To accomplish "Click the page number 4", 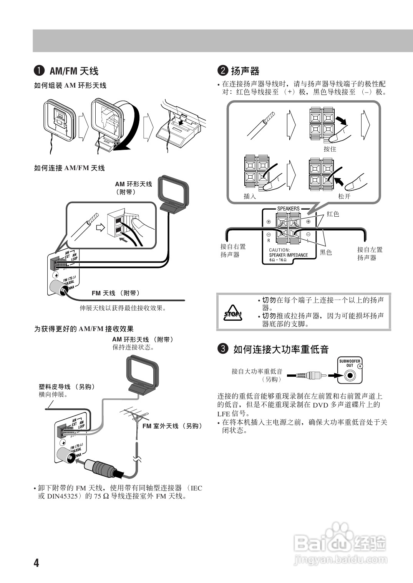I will pos(36,563).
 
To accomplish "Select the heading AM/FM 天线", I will pos(74,71).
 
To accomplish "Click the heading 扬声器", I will pos(245,71).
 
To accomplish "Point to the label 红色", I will pos(333,214).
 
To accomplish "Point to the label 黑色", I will pos(326,252).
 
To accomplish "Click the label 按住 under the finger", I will pos(330,149).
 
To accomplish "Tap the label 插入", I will pos(250,196).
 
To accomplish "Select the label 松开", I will pos(344,196).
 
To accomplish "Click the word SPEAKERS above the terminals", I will pos(288,209).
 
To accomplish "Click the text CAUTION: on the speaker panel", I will pos(279,250).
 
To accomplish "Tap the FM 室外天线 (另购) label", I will pos(172,426).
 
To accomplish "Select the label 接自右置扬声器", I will pos(233,250).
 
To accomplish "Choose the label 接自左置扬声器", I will pos(370,253).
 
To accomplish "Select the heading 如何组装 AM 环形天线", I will pos(70,86).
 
